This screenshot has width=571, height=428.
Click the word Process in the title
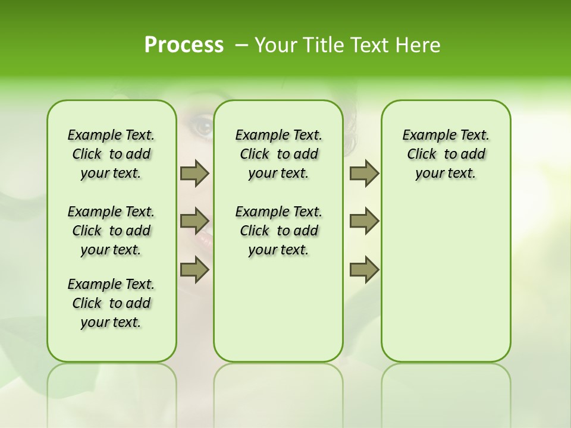(x=184, y=45)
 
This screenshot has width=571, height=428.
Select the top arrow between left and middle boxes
(x=194, y=173)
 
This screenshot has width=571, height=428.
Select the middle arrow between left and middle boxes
(x=194, y=221)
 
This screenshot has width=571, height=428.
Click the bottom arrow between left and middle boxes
(x=194, y=269)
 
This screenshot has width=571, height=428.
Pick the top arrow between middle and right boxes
(x=364, y=173)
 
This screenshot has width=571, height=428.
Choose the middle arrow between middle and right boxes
(x=364, y=221)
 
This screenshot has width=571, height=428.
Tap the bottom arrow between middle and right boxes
(x=364, y=269)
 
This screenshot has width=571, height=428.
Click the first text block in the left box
(x=111, y=154)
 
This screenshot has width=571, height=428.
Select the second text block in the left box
(x=111, y=231)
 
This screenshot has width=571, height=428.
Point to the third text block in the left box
(x=111, y=303)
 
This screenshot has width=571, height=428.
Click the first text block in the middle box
(x=278, y=154)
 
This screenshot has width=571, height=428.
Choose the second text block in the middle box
(x=278, y=231)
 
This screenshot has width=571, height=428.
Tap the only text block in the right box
(x=445, y=154)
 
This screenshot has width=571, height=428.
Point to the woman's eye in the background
(x=201, y=126)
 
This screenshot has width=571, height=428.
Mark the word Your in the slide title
(x=271, y=45)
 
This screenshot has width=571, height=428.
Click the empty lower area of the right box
(x=445, y=285)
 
